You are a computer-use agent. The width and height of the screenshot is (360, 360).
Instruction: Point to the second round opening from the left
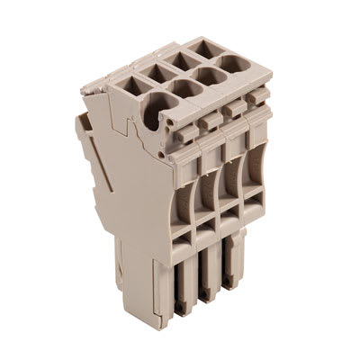(x=184, y=89)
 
